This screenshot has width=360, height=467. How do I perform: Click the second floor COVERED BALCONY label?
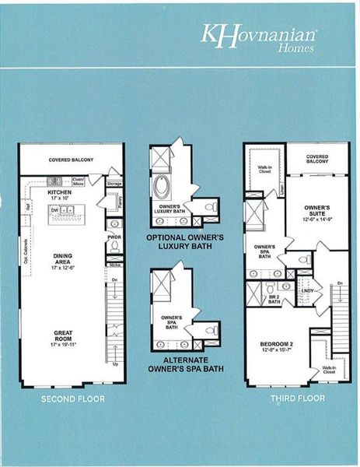[x=72, y=160]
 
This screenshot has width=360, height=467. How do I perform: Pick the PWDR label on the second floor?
[x=114, y=237]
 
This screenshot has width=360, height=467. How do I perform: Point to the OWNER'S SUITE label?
[x=311, y=212]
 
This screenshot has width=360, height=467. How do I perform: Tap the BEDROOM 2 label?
[x=277, y=345]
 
